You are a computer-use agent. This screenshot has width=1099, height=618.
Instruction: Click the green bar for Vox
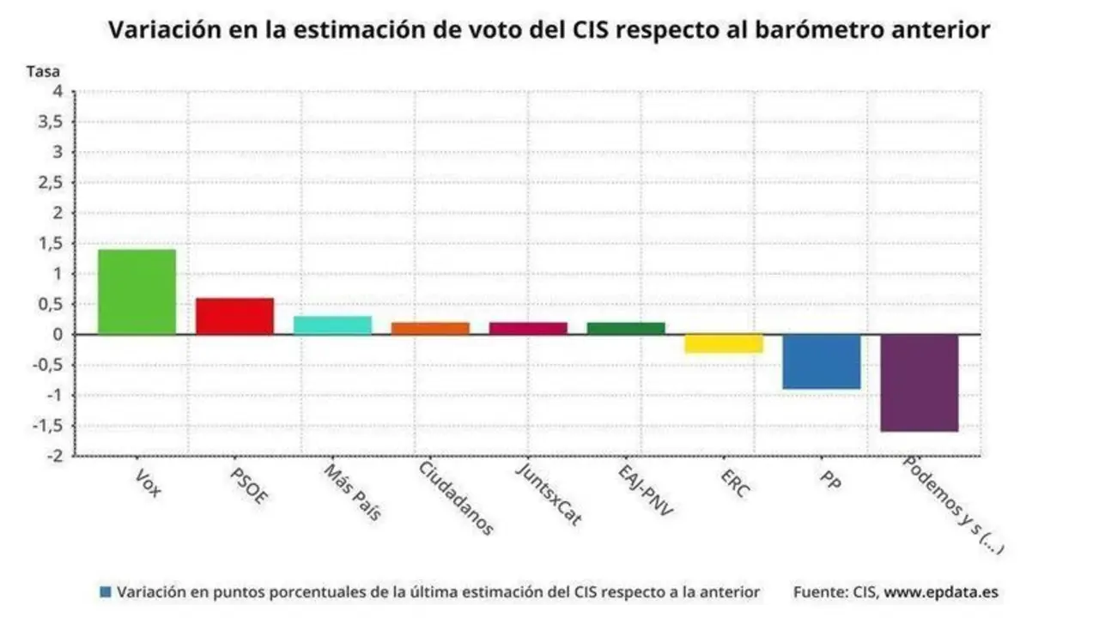137,292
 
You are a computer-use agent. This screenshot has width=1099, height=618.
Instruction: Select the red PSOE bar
234,316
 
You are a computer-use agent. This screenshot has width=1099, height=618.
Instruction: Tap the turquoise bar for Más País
332,325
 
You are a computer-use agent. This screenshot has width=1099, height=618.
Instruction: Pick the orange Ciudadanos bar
430,328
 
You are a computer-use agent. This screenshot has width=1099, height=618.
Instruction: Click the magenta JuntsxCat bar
528,328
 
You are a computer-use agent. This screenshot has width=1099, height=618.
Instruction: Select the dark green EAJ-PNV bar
626,328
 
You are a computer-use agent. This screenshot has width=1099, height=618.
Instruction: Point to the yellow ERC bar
724,343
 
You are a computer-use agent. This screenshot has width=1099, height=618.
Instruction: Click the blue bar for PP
822,361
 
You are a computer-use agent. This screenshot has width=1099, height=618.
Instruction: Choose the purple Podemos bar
920,383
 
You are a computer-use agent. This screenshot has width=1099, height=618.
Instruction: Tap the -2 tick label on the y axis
54,456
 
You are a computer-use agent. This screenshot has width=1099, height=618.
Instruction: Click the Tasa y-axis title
43,71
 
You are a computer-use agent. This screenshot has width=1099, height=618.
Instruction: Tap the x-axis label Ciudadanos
456,498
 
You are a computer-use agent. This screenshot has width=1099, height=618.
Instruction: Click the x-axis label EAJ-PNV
647,490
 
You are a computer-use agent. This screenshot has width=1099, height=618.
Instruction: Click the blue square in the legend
106,592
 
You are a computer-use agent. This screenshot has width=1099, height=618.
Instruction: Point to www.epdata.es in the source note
941,592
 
